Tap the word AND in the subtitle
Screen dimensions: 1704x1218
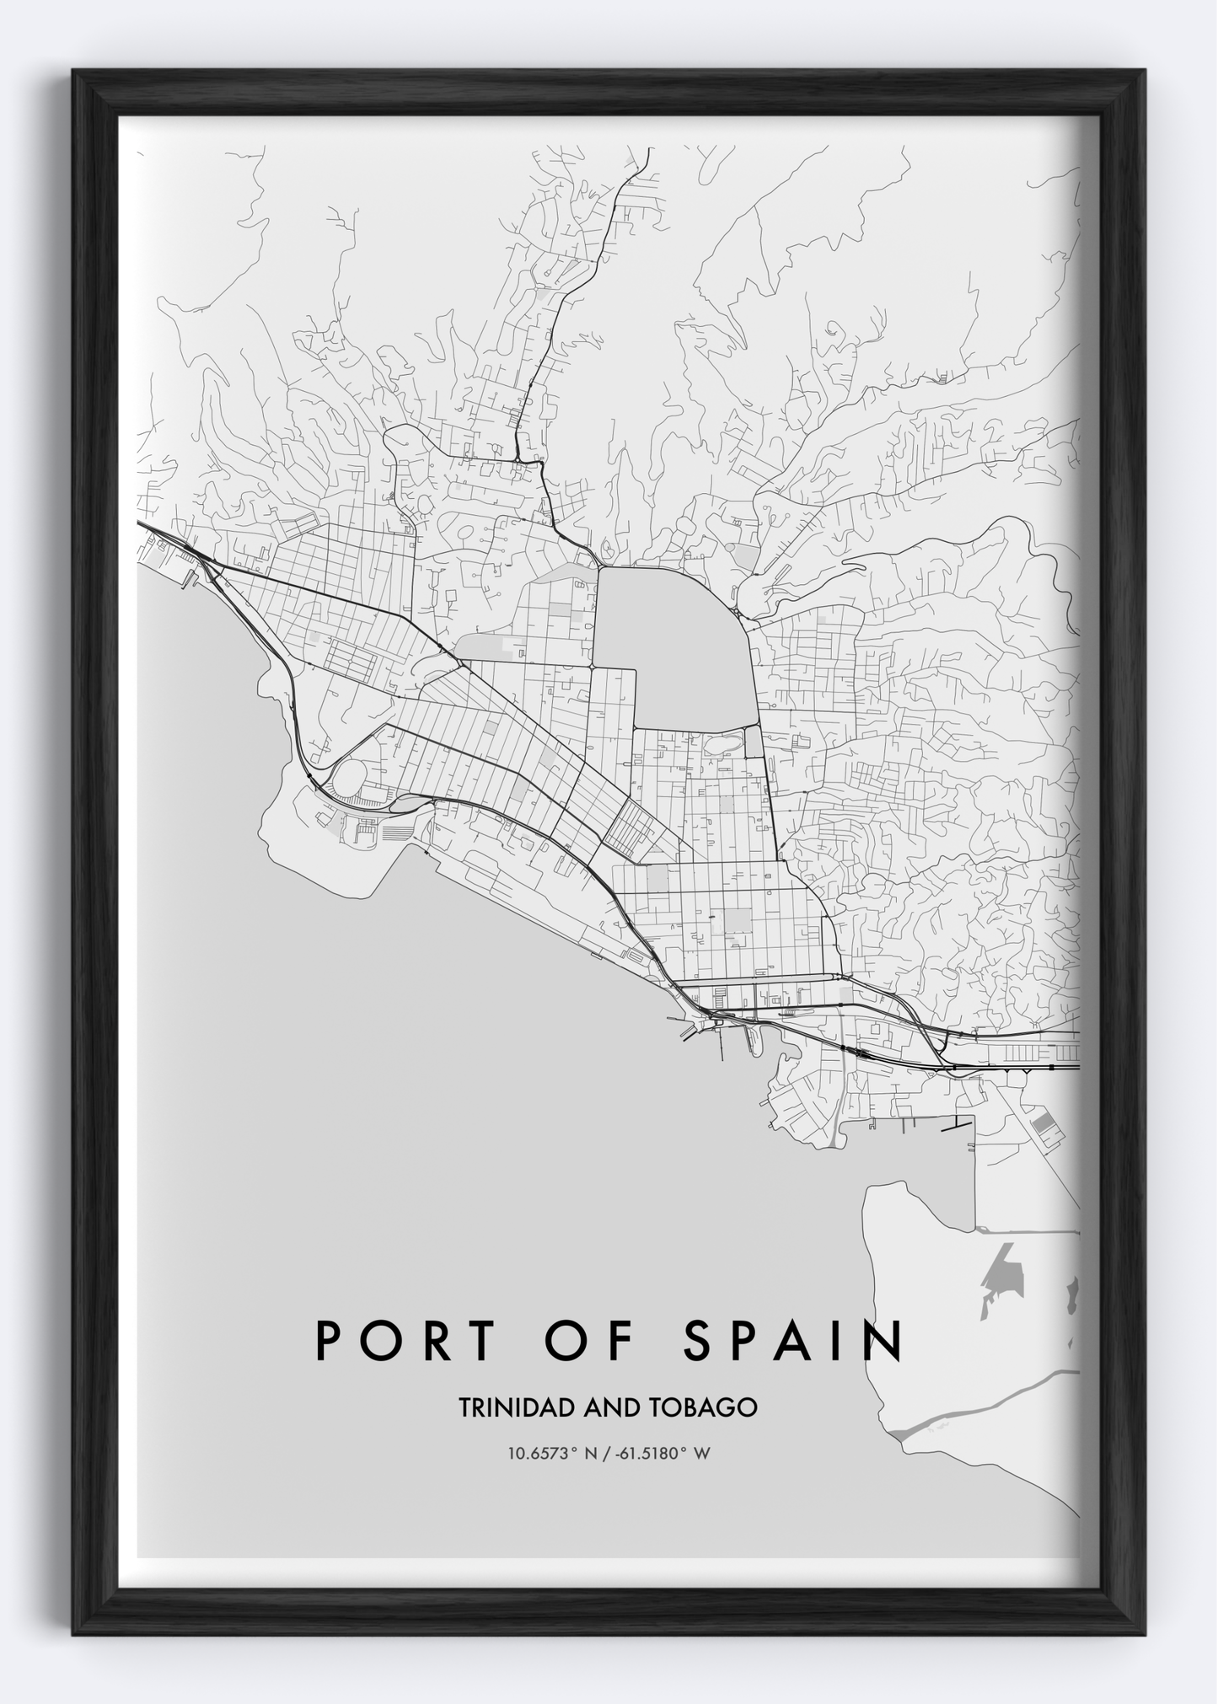tap(598, 1407)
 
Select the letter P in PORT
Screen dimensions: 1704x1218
tap(330, 1341)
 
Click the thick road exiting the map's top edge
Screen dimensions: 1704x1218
tap(647, 153)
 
